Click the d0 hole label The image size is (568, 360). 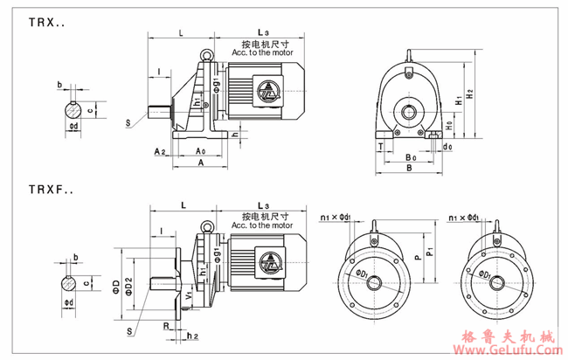coord(447,148)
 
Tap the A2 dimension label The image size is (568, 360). coord(160,151)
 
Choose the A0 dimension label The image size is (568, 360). coord(202,151)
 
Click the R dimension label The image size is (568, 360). coord(167,323)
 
